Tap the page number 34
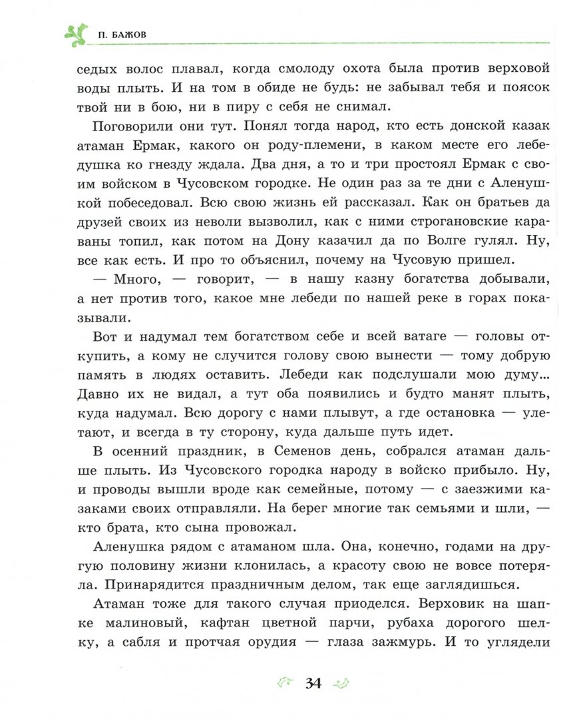click(313, 683)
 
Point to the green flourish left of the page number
click(285, 683)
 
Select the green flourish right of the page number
click(340, 683)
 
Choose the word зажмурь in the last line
click(435, 642)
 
